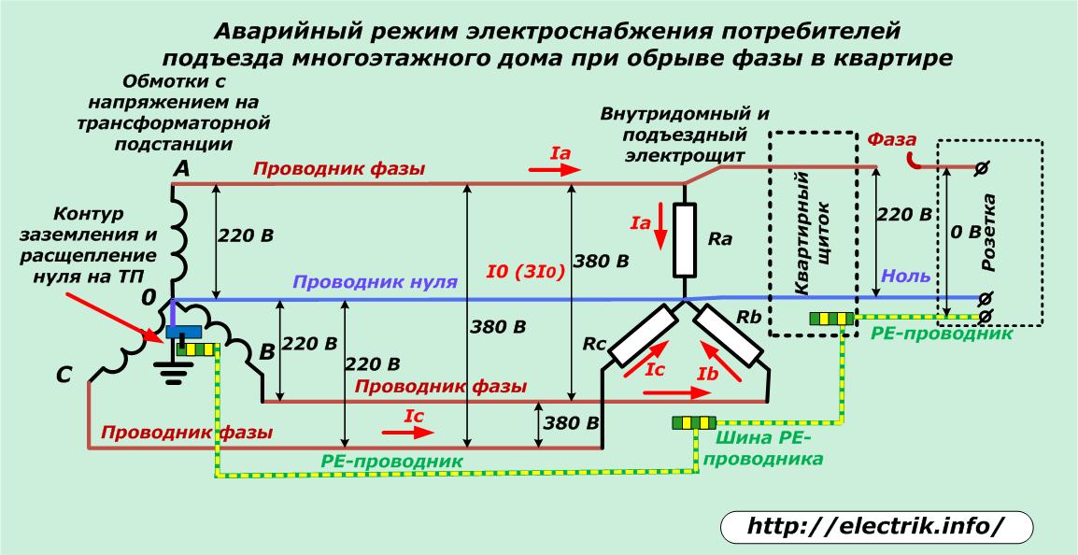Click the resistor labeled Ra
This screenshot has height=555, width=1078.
click(685, 240)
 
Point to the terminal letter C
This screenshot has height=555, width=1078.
click(64, 376)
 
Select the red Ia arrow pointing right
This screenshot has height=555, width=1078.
click(554, 171)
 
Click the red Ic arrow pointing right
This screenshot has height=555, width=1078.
click(409, 433)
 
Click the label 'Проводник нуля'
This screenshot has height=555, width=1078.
click(374, 282)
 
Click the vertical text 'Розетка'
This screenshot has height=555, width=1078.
click(990, 234)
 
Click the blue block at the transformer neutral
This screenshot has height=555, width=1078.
click(184, 332)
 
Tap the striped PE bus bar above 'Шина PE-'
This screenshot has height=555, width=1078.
click(693, 423)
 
